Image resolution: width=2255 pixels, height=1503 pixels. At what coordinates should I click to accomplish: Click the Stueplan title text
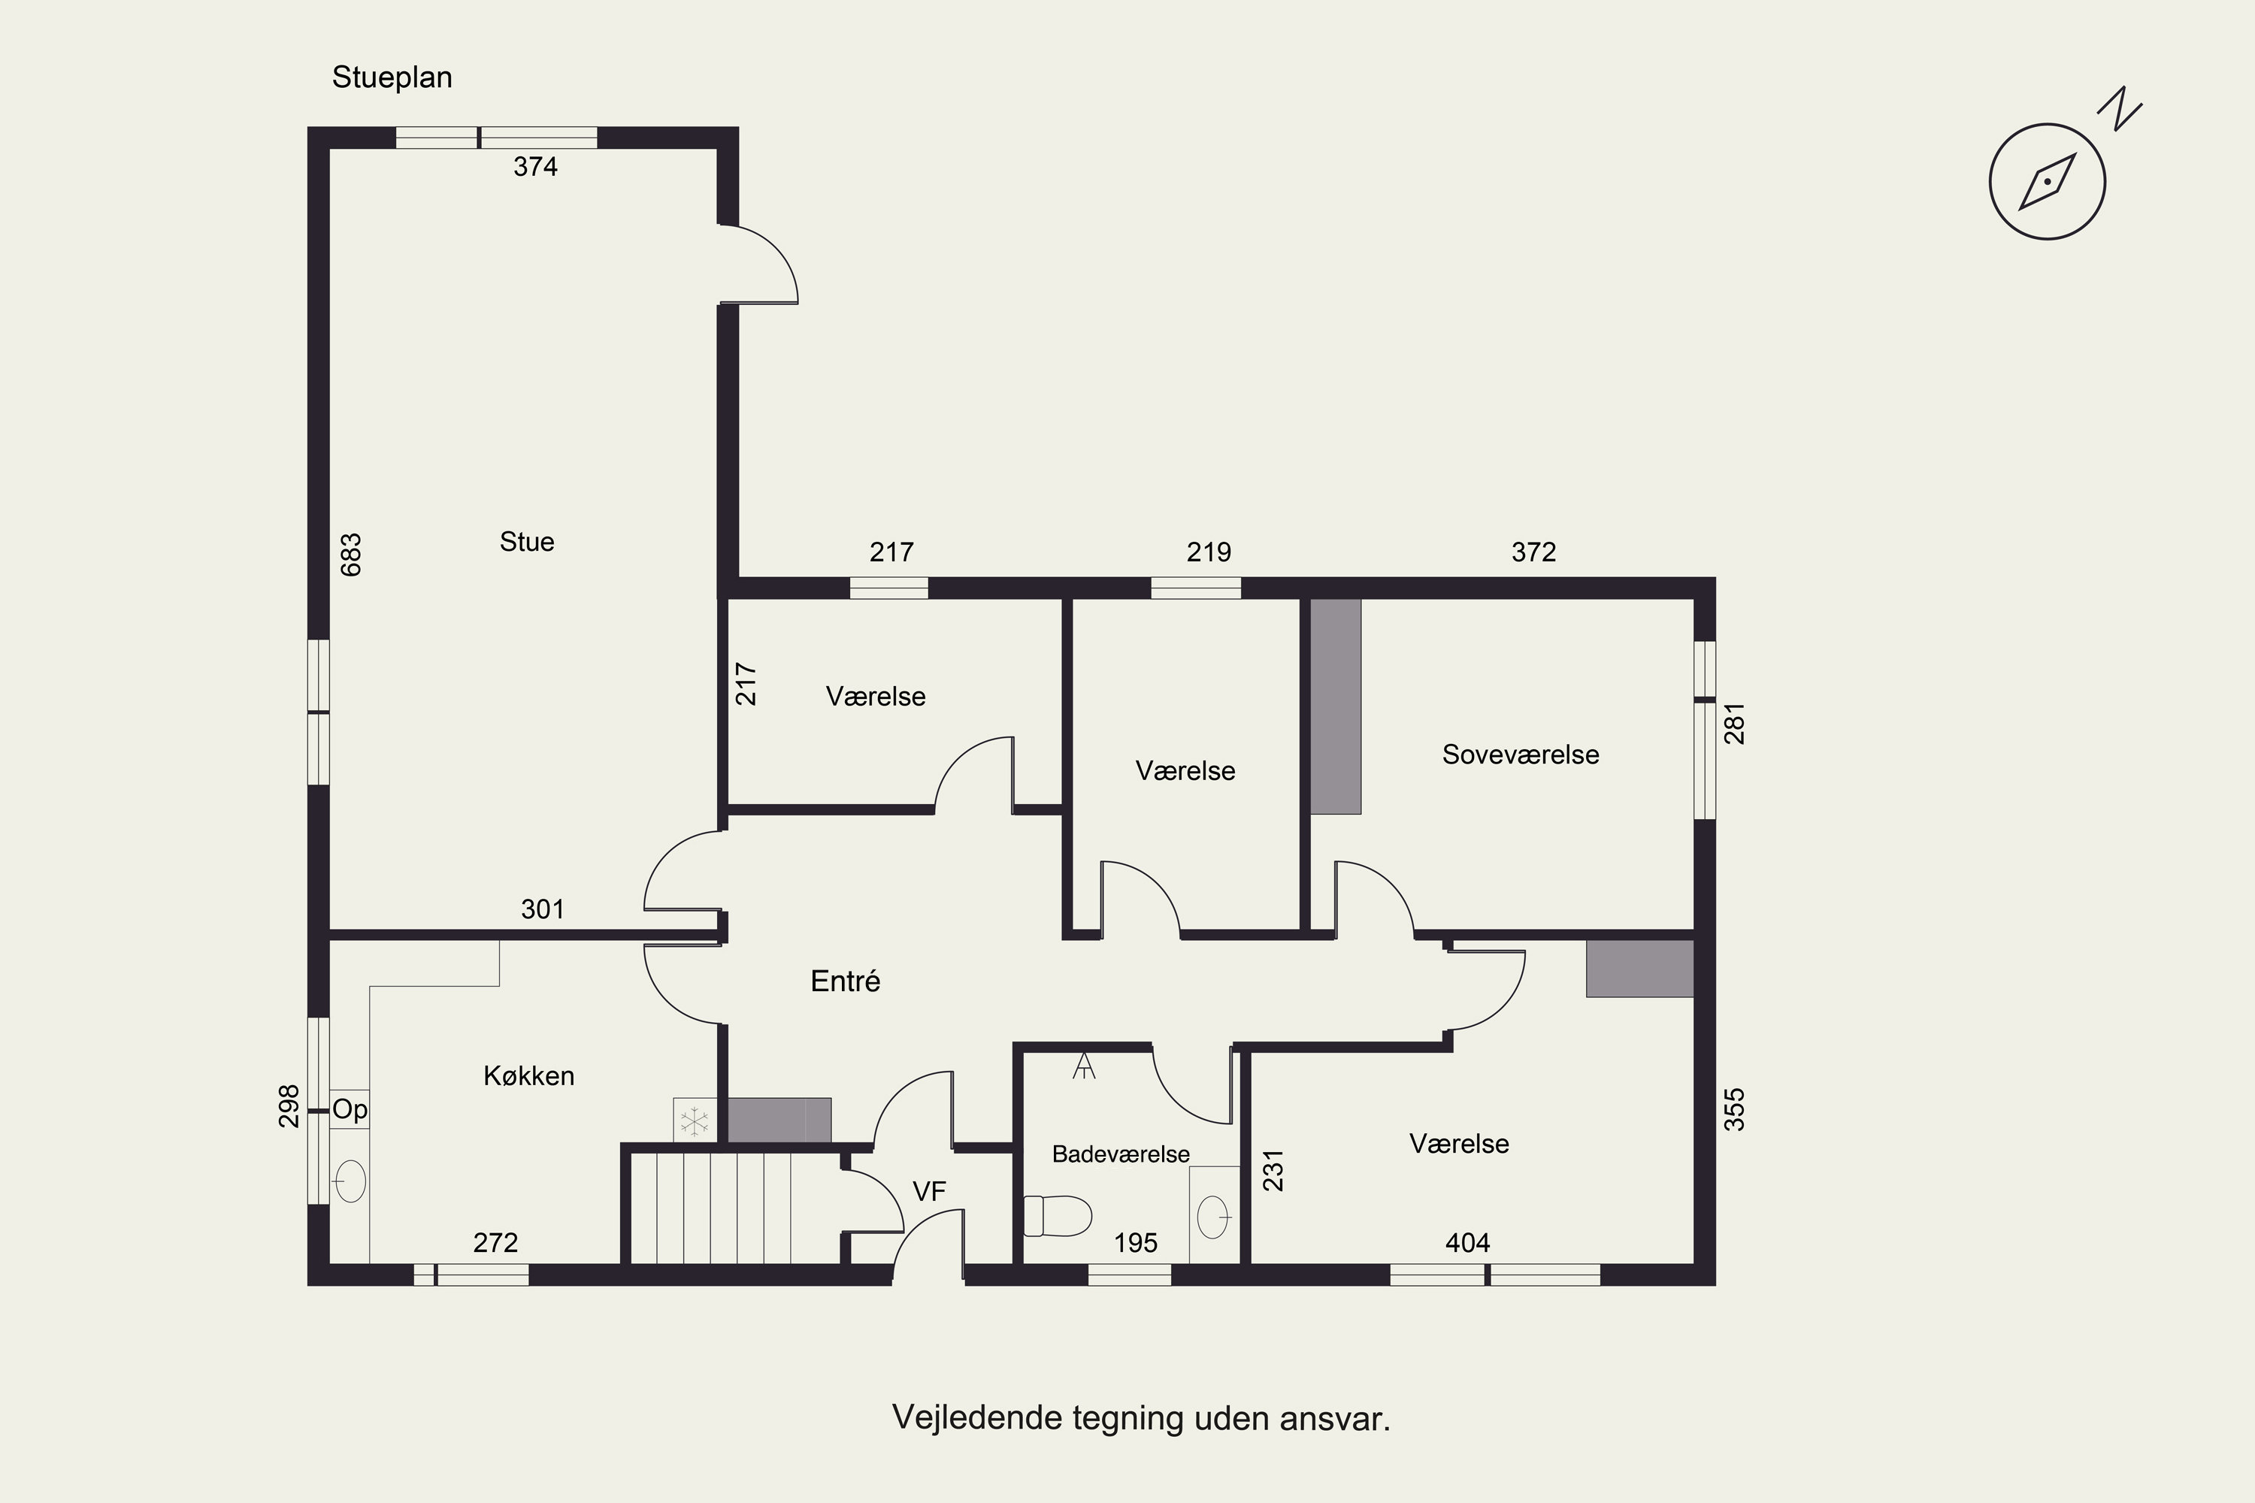point(392,77)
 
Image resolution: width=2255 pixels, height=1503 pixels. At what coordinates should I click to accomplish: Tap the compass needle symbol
point(2047,181)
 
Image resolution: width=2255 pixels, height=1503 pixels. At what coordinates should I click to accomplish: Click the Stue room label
point(526,542)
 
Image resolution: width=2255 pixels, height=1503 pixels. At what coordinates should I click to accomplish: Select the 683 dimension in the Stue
point(352,555)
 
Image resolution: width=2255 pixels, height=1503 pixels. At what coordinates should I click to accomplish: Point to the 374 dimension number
point(535,167)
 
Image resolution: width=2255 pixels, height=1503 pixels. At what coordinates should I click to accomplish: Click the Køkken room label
point(528,1075)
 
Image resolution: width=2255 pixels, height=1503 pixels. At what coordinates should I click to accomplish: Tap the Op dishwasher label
point(350,1110)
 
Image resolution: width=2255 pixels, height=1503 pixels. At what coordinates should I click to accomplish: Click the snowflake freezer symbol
point(693,1120)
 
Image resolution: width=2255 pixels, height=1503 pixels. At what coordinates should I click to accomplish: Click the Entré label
point(846,981)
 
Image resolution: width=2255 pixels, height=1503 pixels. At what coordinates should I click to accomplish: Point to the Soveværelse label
point(1521,755)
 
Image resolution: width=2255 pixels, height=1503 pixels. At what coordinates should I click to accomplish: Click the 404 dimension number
point(1468,1243)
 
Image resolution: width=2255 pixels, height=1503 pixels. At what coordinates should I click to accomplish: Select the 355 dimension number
point(1734,1109)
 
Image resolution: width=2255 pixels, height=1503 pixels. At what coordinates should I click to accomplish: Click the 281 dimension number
point(1734,724)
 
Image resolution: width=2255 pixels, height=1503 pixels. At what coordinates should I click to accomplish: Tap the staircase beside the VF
point(735,1208)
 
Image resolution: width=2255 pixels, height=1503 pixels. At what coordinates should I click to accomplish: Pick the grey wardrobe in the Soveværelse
point(1336,706)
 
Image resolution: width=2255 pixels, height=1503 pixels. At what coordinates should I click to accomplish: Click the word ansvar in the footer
point(1335,1417)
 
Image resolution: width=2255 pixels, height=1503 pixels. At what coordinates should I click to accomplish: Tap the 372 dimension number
point(1534,552)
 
